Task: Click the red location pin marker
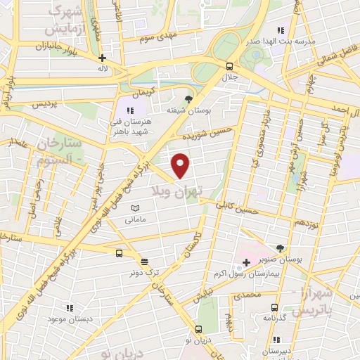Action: pos(181,165)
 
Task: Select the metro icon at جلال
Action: pos(229,66)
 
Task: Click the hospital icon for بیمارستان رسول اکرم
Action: pos(245,263)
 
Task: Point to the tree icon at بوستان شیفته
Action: pos(188,99)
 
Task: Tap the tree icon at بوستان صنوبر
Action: pos(280,248)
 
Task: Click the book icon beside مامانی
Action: pos(136,209)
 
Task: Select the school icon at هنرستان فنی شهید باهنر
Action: pos(130,110)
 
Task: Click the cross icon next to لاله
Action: pos(103,58)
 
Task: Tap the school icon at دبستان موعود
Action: pos(69,307)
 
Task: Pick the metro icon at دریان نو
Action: pos(198,329)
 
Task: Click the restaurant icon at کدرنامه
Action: pos(274,307)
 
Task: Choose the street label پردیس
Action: pos(41,103)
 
